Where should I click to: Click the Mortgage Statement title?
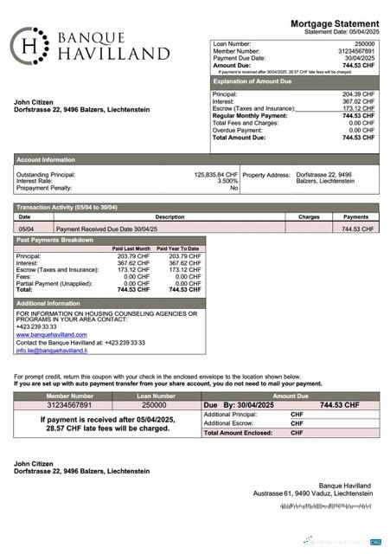click(334, 23)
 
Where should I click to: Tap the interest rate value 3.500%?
click(227, 181)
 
